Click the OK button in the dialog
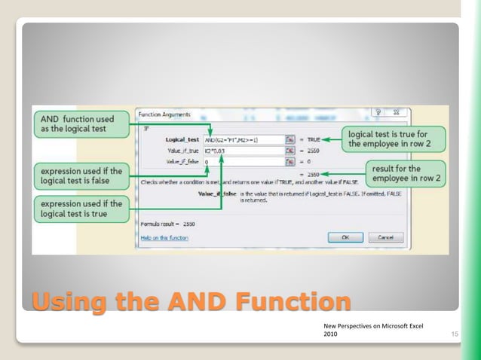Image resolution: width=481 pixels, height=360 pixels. (345, 237)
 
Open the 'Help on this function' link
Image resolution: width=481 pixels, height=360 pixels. (164, 238)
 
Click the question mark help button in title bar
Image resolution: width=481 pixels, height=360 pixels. (378, 112)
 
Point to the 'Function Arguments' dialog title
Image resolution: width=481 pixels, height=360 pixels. (164, 114)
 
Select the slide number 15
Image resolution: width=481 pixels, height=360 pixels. (455, 333)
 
